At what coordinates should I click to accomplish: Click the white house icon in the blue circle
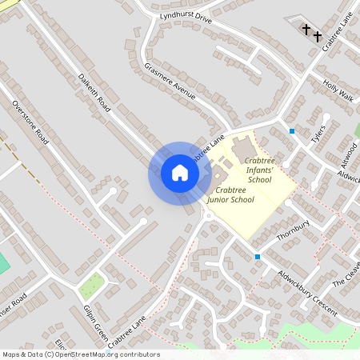click(x=180, y=173)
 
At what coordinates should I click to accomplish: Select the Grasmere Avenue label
click(x=170, y=81)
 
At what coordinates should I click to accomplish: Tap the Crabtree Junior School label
click(x=230, y=194)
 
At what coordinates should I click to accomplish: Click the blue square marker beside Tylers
click(x=292, y=130)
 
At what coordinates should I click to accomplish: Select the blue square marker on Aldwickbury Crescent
click(x=257, y=257)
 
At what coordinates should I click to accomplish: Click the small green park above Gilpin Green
click(x=92, y=285)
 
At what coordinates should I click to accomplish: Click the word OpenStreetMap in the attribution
click(x=86, y=354)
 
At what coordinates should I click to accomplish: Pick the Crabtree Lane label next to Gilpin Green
click(x=128, y=330)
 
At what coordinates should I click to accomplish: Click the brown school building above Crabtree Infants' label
click(x=243, y=149)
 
